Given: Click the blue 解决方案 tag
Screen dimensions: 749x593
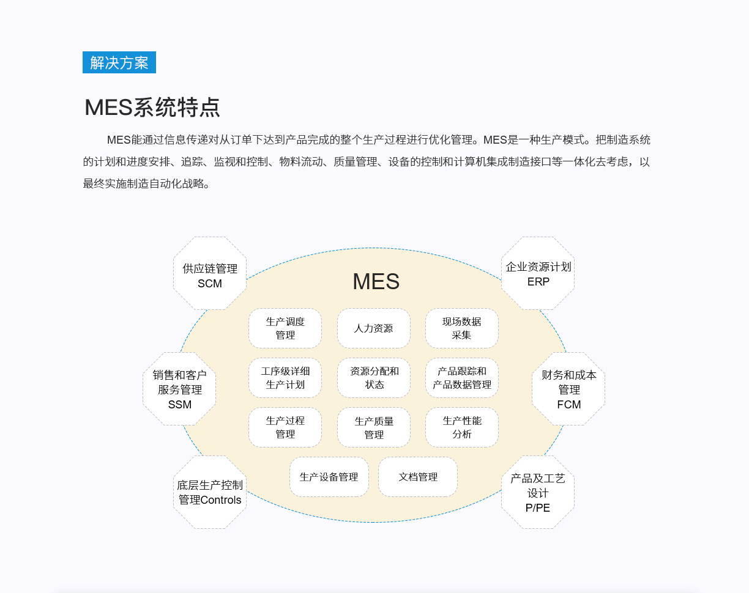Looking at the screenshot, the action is [119, 62].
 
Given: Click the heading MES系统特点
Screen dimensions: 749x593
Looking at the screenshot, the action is [152, 107].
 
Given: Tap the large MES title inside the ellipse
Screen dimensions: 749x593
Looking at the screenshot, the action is [376, 281].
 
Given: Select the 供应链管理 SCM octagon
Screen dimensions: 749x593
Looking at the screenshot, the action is [210, 273].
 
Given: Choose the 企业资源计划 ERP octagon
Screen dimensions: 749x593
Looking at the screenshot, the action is [538, 273].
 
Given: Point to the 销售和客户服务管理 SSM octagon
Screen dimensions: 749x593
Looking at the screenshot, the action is [179, 389].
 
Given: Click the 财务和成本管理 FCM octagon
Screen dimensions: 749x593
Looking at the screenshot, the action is [568, 389].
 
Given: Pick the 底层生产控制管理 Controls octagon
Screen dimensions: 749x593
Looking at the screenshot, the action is [210, 492].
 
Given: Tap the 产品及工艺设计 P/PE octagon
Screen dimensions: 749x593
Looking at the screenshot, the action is [538, 492].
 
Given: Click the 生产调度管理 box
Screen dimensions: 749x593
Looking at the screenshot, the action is [285, 328].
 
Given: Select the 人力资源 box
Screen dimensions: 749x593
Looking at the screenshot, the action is [374, 328].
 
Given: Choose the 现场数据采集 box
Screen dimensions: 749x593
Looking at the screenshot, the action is [462, 328].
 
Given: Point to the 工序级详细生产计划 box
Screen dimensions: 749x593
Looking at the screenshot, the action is [285, 378].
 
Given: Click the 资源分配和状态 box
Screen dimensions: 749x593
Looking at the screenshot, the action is [374, 378].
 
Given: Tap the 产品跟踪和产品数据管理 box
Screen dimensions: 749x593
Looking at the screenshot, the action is [462, 378].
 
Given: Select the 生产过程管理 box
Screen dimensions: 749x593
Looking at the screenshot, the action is [285, 427].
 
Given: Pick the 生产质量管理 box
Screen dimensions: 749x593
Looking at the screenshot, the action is [374, 427].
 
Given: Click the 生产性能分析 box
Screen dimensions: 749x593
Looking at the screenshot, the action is [462, 427].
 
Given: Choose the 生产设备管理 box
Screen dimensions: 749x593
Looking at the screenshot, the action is [329, 477].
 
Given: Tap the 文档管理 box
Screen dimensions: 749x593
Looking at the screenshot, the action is [418, 477].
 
